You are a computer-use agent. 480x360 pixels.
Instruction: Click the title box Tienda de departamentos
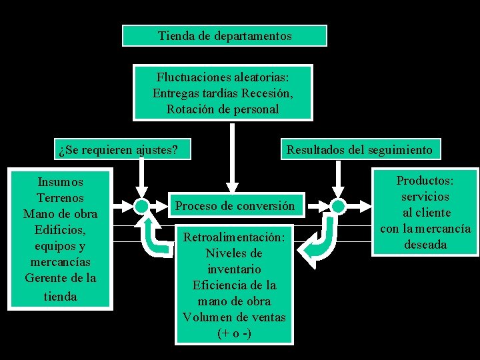[225, 35]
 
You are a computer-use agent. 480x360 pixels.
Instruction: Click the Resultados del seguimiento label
[359, 149]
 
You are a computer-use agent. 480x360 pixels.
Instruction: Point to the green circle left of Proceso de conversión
[141, 206]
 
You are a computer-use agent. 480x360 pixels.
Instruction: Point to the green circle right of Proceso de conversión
[339, 206]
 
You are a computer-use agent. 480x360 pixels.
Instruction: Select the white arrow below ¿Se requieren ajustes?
[141, 177]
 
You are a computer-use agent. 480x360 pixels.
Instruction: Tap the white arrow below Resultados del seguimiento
[339, 177]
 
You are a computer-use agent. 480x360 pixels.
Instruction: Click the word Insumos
[61, 181]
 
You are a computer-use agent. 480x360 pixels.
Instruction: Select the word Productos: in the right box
[425, 181]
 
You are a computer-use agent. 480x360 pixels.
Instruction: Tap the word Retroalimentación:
[234, 237]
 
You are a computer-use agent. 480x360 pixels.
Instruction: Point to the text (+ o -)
[234, 333]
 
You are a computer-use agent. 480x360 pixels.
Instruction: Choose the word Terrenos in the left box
[61, 198]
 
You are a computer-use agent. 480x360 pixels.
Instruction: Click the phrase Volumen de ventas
[234, 317]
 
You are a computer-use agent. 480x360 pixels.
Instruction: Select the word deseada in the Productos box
[425, 245]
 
